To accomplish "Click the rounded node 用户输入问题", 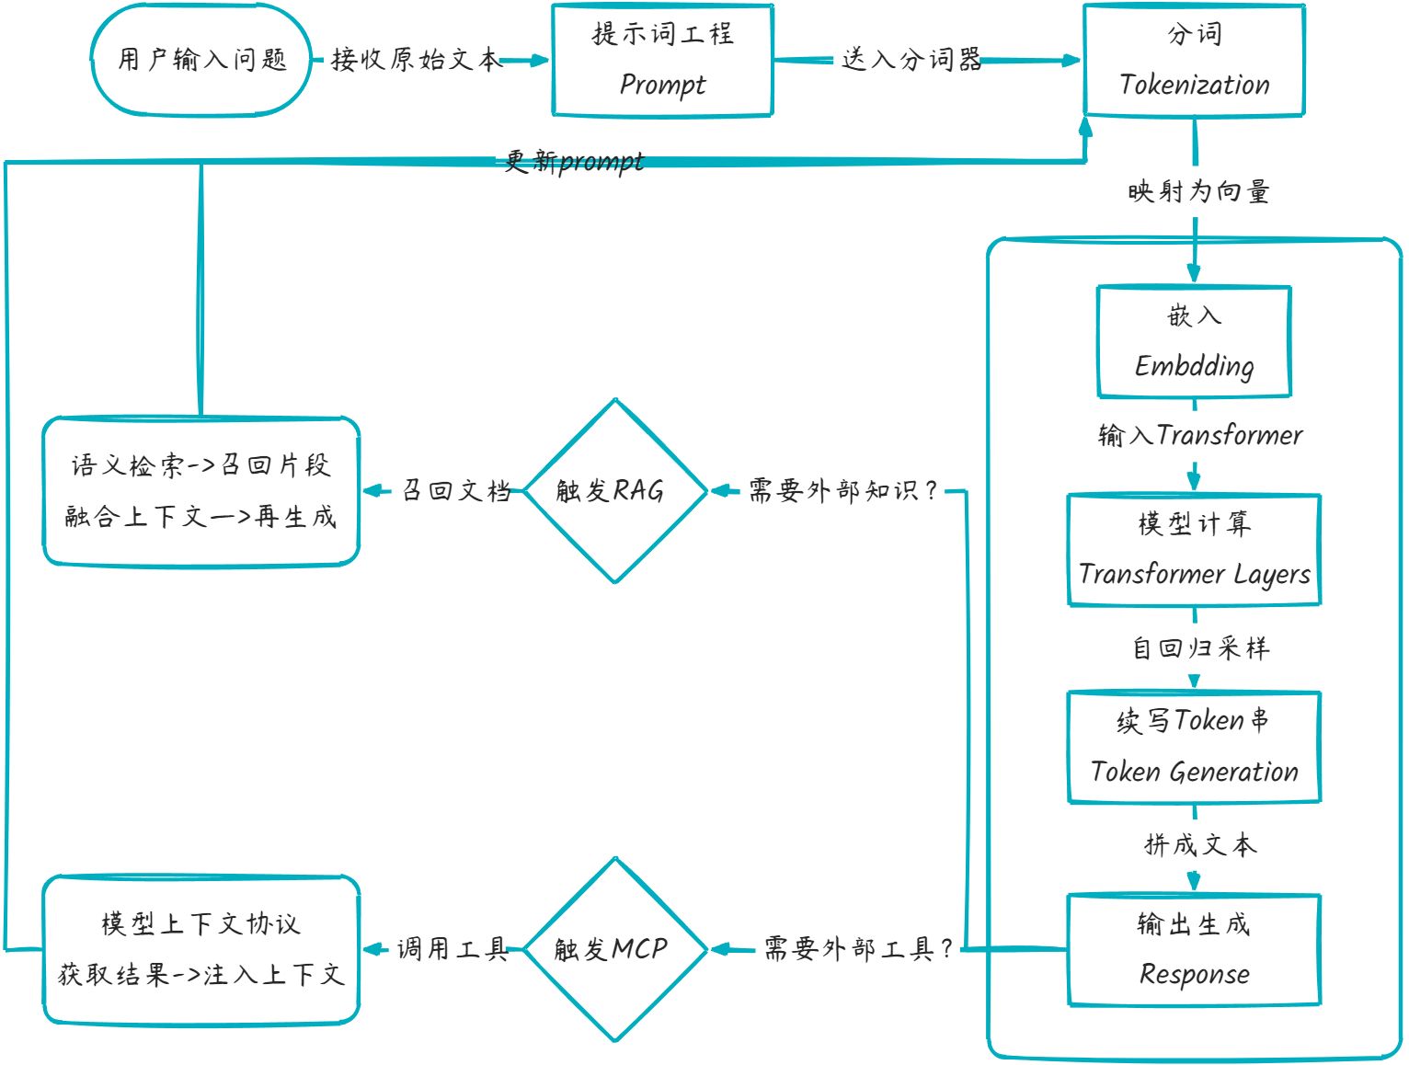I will (x=201, y=60).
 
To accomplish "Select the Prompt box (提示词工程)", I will (x=662, y=61).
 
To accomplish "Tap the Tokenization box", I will (x=1194, y=61).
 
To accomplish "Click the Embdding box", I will (x=1194, y=341).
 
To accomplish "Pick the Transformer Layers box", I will (x=1194, y=550).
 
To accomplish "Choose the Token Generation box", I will (x=1194, y=747).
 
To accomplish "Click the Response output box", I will (x=1194, y=949).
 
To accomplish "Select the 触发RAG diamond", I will (x=614, y=491).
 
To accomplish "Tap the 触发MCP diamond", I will (x=614, y=949).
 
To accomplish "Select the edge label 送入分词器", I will (x=911, y=60).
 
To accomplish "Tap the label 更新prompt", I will (x=575, y=161).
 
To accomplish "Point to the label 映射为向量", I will (x=1198, y=191).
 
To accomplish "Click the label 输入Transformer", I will (x=1200, y=435).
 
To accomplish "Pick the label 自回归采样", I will (x=1200, y=648).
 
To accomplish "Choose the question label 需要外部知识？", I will (x=842, y=491).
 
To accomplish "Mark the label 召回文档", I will (x=456, y=491).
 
